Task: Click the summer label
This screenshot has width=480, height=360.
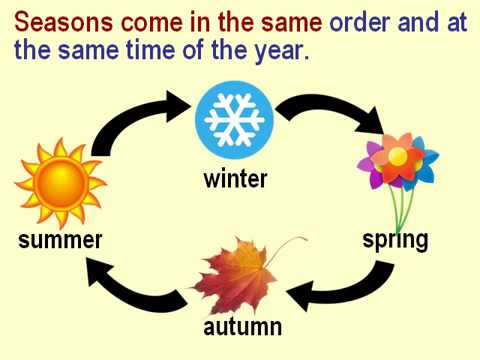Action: tap(60, 240)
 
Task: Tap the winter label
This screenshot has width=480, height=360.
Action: tap(235, 179)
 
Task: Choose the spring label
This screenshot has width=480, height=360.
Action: tap(395, 240)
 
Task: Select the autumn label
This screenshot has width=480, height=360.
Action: tap(242, 327)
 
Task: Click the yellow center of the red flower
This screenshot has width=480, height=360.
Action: tap(398, 156)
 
